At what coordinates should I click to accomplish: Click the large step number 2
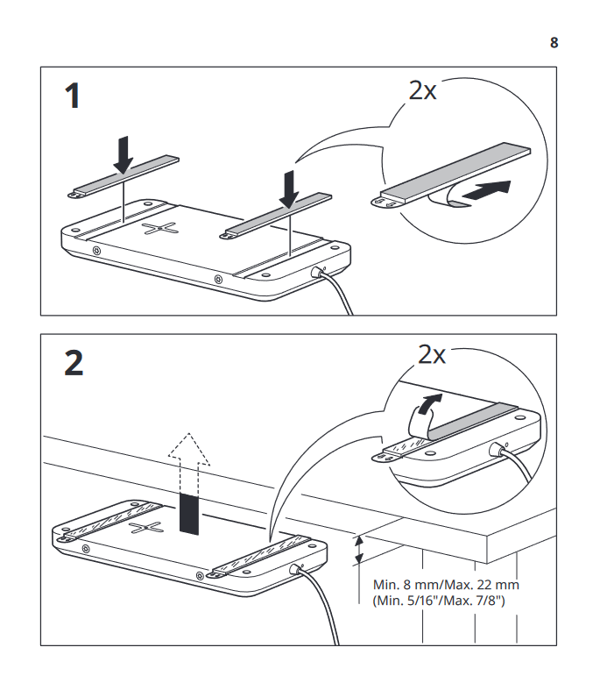click(74, 362)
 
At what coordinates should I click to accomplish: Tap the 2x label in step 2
click(431, 354)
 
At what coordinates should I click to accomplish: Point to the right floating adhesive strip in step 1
click(278, 215)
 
